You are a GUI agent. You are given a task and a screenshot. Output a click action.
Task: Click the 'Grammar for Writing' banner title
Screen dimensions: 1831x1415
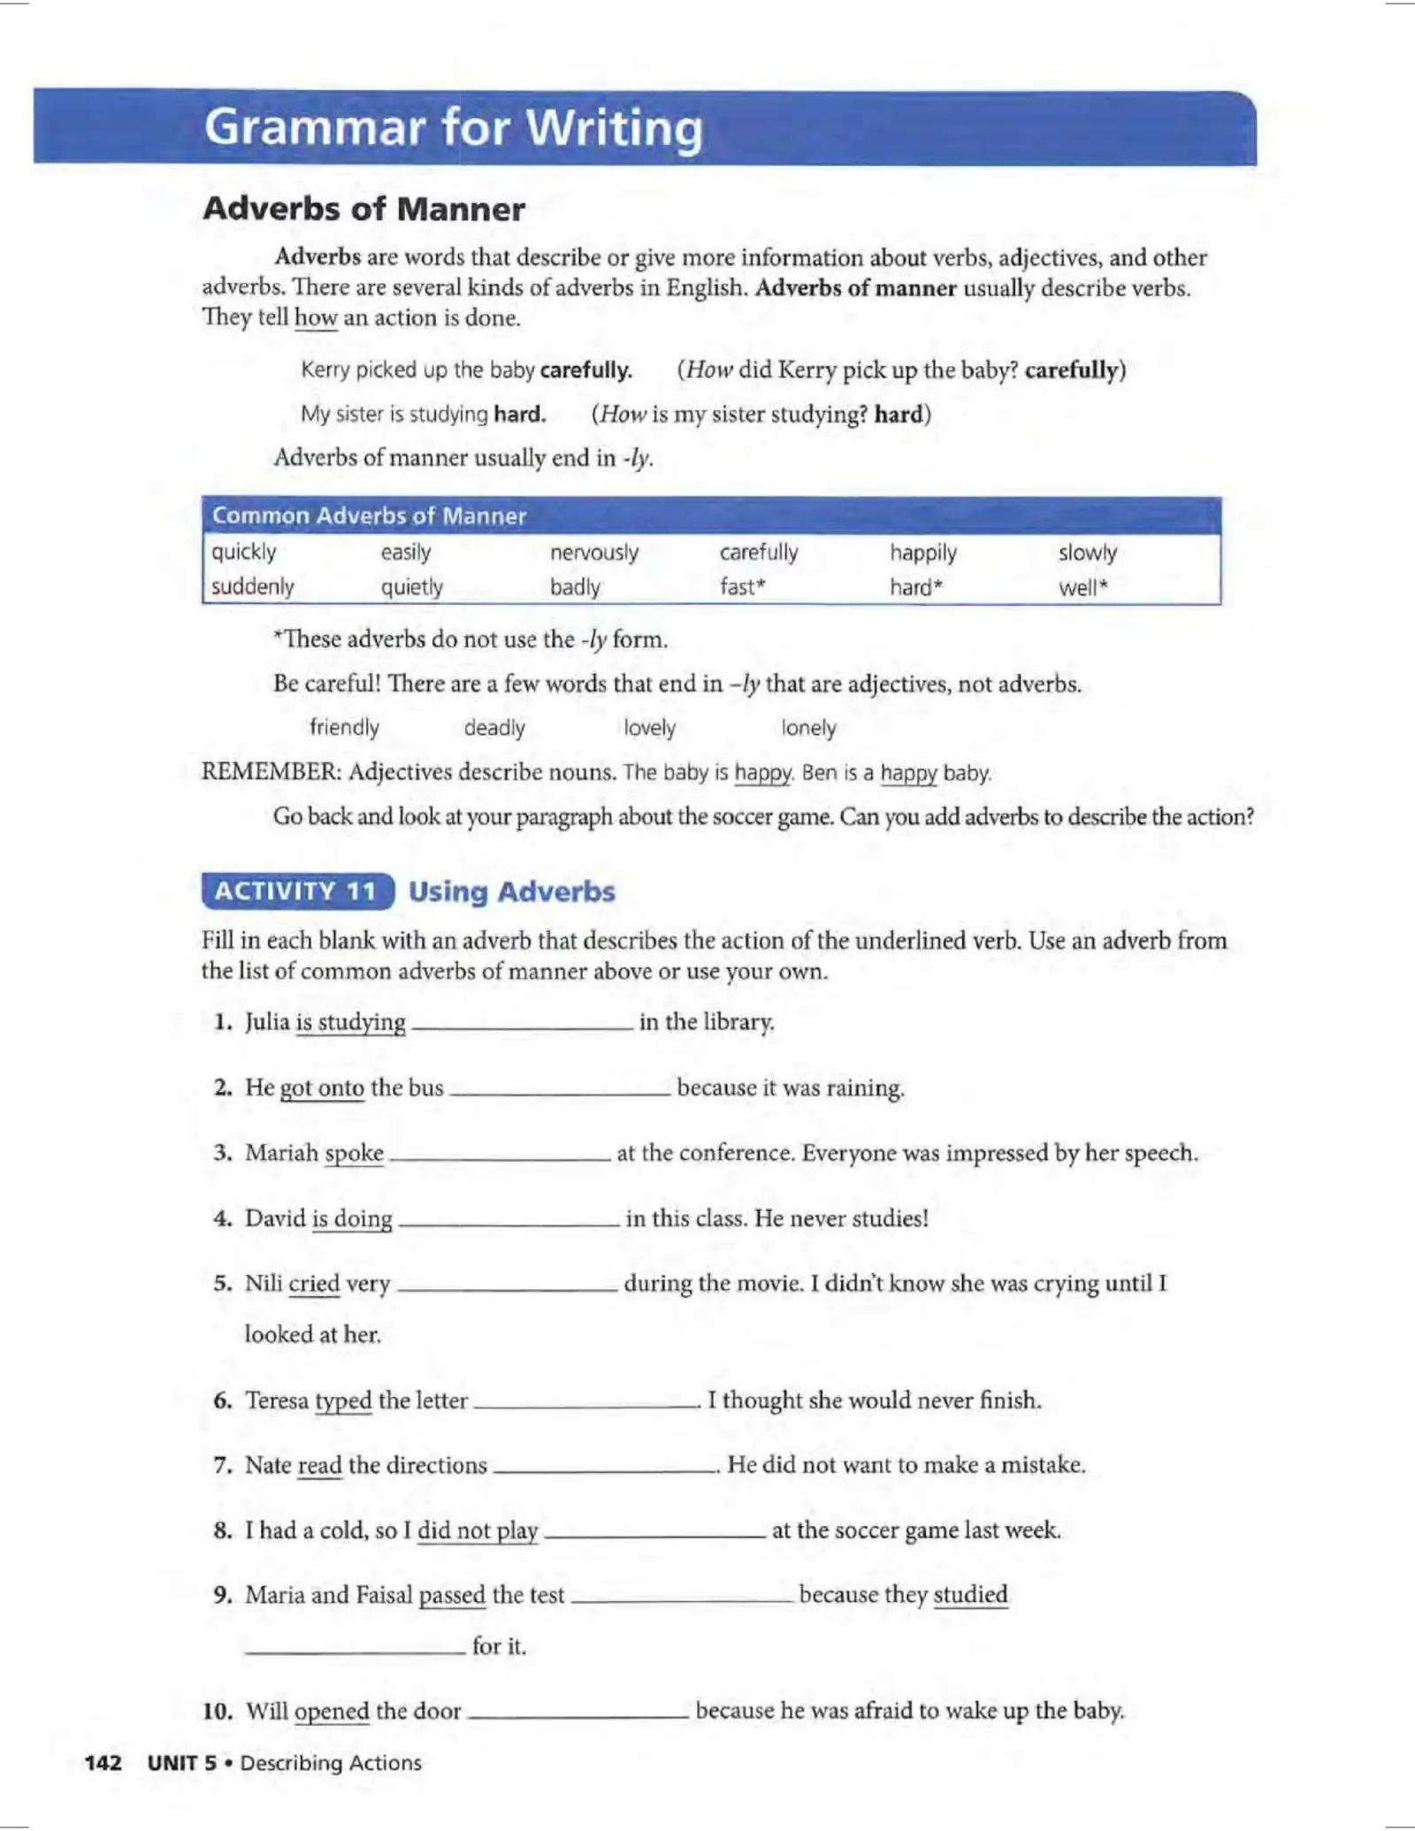454,127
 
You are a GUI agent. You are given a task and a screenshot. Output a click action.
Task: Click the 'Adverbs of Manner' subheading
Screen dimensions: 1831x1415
363,210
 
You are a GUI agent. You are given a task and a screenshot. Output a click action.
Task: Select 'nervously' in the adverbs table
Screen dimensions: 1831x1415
593,553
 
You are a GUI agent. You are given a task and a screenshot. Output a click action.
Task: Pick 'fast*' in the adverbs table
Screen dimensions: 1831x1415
742,587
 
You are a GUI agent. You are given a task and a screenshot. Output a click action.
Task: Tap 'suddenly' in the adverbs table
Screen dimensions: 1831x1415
252,587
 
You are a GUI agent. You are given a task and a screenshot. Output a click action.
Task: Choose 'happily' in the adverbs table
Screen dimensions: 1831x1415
922,553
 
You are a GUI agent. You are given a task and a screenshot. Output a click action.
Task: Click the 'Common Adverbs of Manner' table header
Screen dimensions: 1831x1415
369,515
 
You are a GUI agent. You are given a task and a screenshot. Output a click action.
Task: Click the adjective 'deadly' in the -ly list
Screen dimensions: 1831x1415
494,728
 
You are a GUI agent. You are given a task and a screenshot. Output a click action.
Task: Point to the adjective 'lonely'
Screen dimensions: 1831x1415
808,728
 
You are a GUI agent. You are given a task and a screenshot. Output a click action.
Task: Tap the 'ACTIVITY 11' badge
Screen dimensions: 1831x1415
297,891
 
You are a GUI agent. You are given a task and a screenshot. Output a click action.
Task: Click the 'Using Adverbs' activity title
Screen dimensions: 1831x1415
511,891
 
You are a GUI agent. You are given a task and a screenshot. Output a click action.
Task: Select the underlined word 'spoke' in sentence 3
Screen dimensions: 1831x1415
354,1153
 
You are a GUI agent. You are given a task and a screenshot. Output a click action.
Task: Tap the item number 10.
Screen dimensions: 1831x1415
218,1711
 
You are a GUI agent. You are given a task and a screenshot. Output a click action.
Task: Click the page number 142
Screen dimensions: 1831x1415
103,1763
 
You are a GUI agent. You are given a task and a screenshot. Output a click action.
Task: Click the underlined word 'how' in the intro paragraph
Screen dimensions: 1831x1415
316,317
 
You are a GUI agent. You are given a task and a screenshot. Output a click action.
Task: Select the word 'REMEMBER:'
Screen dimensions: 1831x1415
271,772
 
